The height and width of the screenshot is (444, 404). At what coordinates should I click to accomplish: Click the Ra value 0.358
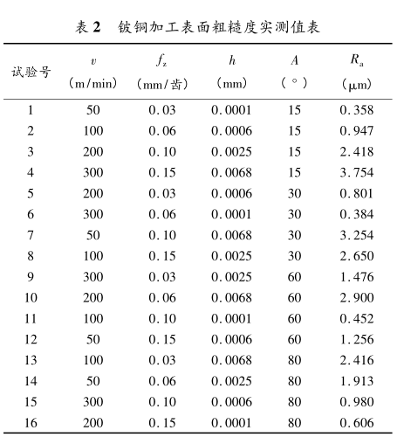pos(356,110)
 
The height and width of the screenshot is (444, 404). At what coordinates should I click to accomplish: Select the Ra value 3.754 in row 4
pos(356,172)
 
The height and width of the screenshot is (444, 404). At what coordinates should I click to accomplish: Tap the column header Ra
pos(356,61)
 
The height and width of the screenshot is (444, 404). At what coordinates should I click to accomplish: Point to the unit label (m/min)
pos(93,83)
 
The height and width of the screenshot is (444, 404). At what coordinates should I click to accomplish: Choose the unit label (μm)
pos(356,84)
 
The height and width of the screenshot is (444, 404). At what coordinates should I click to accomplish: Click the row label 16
pos(31,422)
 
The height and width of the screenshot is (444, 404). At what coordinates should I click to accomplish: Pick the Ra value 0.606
pos(356,422)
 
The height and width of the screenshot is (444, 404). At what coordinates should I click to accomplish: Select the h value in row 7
pos(231,235)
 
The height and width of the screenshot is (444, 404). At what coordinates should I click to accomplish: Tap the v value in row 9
pos(93,277)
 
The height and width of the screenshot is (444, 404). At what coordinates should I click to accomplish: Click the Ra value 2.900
pos(356,298)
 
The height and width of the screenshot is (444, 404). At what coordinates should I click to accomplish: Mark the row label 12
pos(31,339)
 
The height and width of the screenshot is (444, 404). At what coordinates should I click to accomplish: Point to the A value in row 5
pos(295,193)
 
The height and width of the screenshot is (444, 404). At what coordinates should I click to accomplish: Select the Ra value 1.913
pos(356,381)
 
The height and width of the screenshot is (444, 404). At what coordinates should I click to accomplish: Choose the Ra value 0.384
pos(356,214)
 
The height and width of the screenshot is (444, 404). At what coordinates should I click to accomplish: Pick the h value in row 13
pos(231,360)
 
